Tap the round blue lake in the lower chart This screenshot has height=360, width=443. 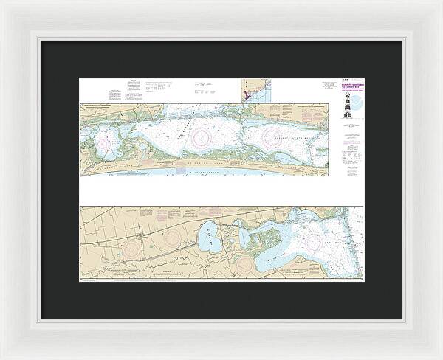coord(209,238)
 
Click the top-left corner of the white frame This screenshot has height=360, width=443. coord(2,2)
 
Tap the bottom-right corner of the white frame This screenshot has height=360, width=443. coord(440,357)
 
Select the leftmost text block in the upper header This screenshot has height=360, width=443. coord(113,92)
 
